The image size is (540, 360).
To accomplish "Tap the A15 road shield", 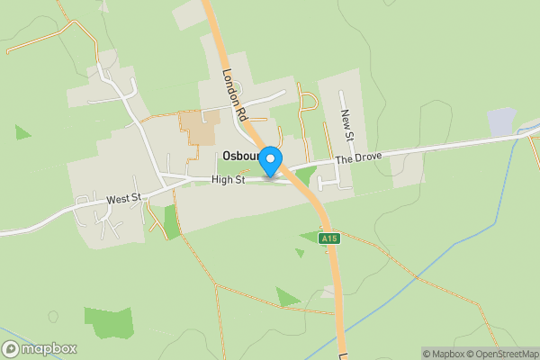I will click(x=329, y=238).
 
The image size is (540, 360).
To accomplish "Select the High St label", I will click(x=228, y=180).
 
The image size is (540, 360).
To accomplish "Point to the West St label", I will click(x=123, y=199).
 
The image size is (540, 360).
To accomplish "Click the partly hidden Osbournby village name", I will click(x=238, y=157).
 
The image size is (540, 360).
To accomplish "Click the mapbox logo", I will click(x=40, y=349).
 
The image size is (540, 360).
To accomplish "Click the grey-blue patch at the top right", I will click(x=501, y=122).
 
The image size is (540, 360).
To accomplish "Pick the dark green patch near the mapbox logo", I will click(x=107, y=323).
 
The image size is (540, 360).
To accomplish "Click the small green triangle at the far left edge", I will click(x=22, y=132).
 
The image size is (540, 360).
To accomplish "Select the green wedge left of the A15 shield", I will click(x=309, y=238).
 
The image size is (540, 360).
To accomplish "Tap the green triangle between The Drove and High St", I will click(x=304, y=175).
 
